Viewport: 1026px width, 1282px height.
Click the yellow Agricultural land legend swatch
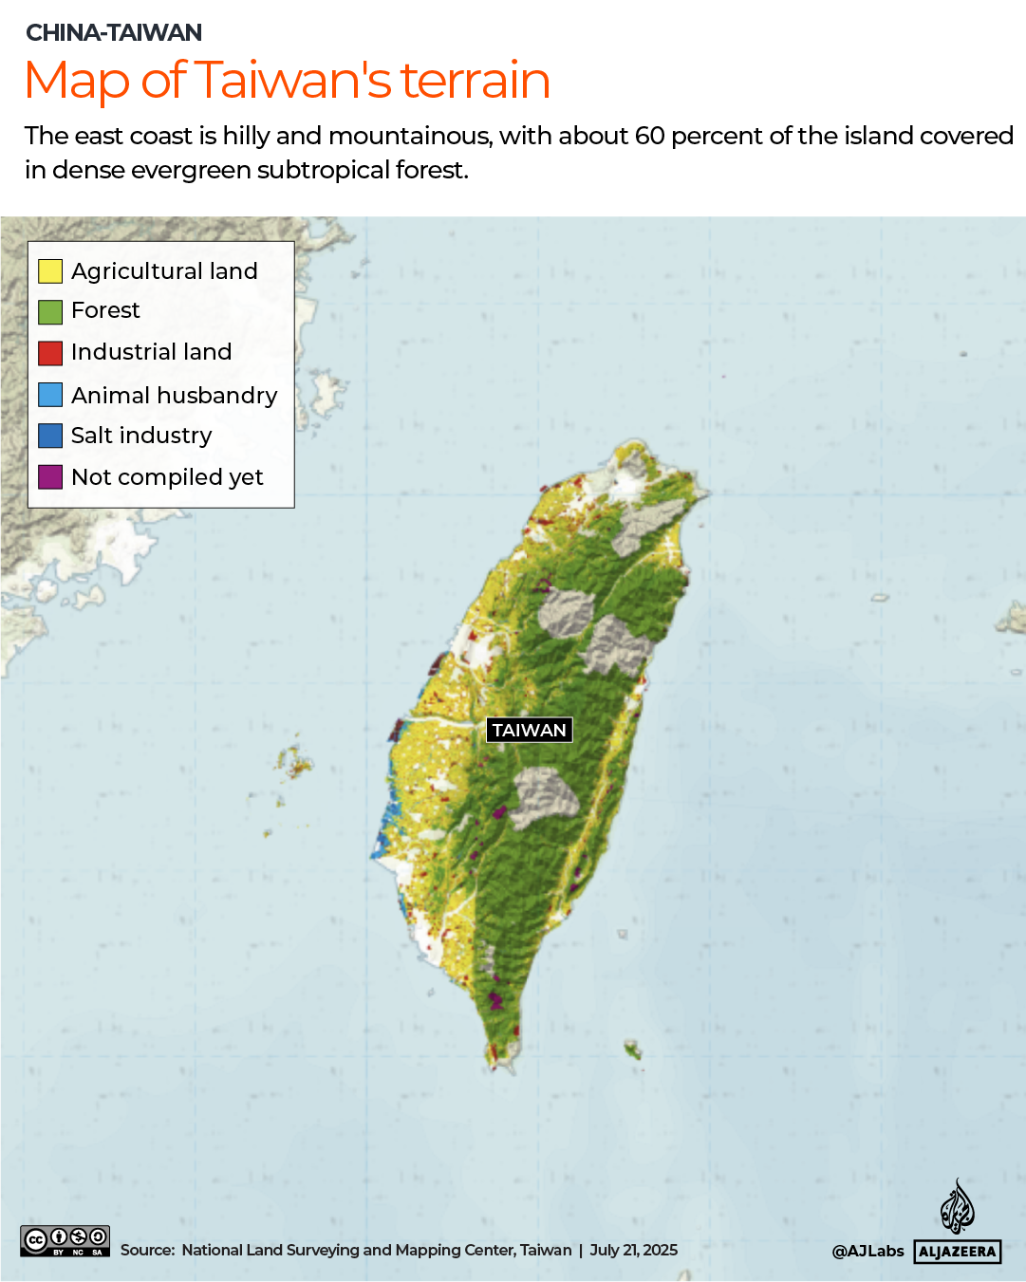tap(50, 271)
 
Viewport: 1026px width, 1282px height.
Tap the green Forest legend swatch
tap(50, 311)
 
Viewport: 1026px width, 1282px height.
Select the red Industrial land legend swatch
tap(50, 353)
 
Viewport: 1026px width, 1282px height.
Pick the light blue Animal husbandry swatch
tap(50, 395)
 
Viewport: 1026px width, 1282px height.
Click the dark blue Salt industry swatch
tap(50, 436)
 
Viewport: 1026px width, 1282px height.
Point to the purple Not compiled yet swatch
tap(50, 476)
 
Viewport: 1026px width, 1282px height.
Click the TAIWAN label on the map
tap(529, 730)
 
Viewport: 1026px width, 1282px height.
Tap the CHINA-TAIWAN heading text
tap(114, 33)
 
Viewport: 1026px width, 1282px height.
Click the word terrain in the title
tap(475, 81)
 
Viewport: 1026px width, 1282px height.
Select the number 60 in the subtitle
tap(649, 136)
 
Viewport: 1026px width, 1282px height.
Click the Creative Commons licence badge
tap(65, 1241)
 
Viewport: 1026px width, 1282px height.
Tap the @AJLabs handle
tap(867, 1251)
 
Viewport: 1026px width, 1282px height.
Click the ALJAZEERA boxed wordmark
tap(957, 1252)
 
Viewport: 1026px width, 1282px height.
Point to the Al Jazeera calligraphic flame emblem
tap(957, 1207)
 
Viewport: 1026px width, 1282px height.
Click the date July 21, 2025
tap(633, 1250)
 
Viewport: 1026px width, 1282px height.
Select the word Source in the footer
tap(146, 1250)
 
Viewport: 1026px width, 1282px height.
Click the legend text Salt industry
tap(141, 436)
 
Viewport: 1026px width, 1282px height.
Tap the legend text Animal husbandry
tap(174, 395)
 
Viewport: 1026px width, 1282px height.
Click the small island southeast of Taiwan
tap(633, 1050)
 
